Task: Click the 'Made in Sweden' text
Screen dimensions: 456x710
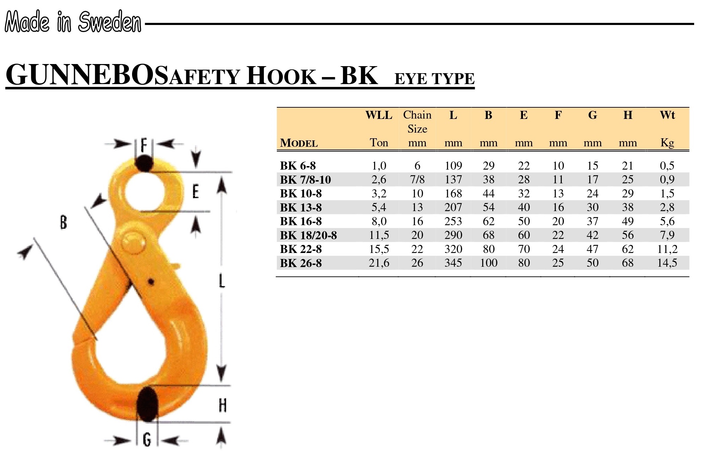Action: [x=73, y=22]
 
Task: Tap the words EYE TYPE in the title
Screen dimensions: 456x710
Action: [x=434, y=79]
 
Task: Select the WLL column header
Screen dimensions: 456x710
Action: [x=379, y=115]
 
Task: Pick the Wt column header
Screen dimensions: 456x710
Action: [x=667, y=115]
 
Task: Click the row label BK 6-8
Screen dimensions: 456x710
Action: [x=298, y=166]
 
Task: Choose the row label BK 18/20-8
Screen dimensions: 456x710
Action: [x=309, y=235]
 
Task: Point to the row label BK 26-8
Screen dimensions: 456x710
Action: [x=301, y=263]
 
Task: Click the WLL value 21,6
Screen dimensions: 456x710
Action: [x=379, y=263]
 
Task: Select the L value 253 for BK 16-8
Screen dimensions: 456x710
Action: [x=453, y=221]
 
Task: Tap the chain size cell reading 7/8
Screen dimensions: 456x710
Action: [x=417, y=180]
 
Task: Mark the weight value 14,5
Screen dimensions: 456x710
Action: [x=667, y=263]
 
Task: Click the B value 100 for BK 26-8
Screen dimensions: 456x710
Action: [x=488, y=263]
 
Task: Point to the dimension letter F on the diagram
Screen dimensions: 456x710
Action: [x=144, y=145]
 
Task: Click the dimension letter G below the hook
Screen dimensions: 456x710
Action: [x=147, y=440]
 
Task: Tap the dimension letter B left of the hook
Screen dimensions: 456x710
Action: [x=63, y=222]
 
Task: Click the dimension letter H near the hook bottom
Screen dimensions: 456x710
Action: [x=223, y=405]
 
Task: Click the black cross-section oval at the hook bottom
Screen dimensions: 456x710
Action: [x=147, y=405]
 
